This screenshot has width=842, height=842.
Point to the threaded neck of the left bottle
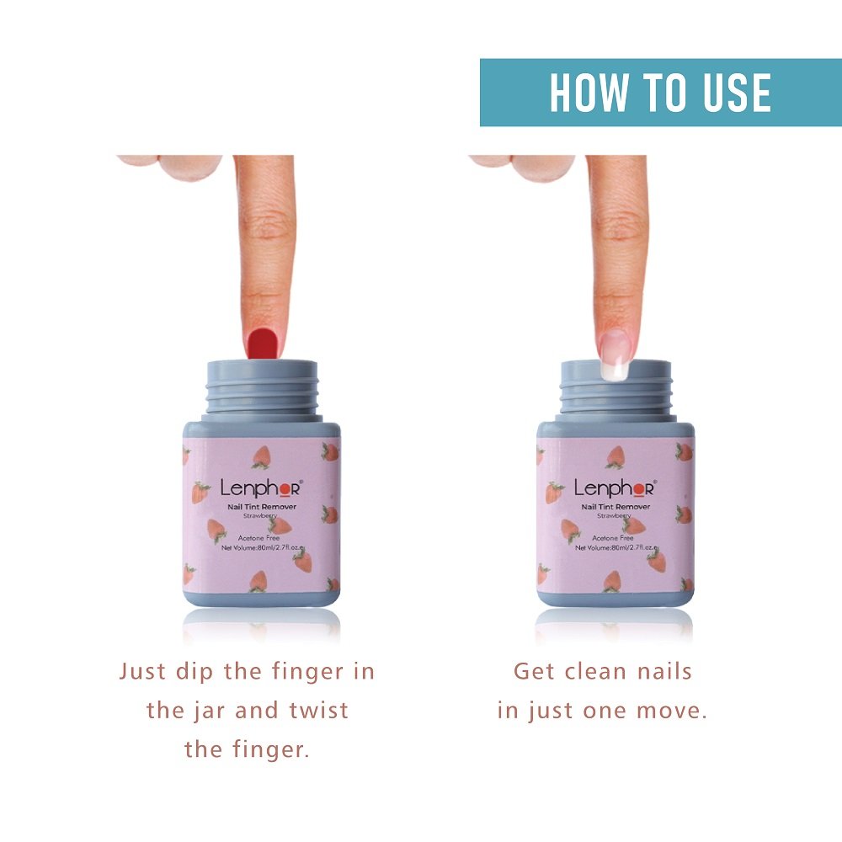(x=262, y=389)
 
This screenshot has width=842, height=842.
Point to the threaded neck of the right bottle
(x=616, y=389)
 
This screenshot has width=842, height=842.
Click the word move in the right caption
(x=674, y=710)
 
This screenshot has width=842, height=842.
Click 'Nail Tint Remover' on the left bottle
(x=261, y=507)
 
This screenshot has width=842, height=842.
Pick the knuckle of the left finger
(x=265, y=226)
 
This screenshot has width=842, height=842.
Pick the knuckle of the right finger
(x=619, y=226)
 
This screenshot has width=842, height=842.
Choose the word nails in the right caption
(x=662, y=671)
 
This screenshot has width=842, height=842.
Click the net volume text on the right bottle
(x=615, y=547)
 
